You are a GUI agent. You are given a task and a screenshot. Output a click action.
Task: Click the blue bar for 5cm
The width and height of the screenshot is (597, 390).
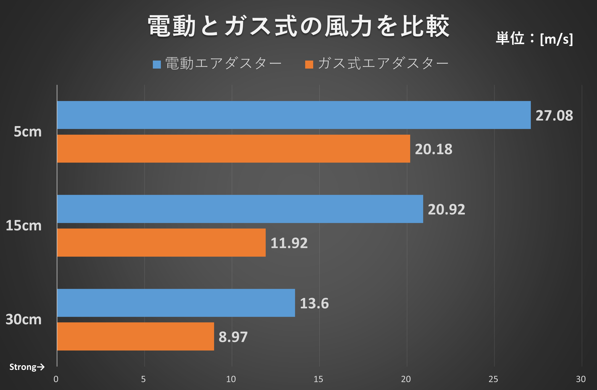tap(293, 115)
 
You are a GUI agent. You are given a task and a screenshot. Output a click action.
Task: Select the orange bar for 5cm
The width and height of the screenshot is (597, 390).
tap(233, 149)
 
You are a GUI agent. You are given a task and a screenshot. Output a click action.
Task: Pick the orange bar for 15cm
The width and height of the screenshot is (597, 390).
tap(161, 242)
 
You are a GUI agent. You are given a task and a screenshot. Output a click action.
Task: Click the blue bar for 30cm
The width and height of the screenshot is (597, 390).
tap(176, 303)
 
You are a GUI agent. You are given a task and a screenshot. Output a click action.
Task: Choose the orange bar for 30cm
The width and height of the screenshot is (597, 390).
tap(135, 336)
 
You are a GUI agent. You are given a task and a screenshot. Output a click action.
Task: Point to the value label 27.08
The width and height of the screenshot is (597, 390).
tap(554, 116)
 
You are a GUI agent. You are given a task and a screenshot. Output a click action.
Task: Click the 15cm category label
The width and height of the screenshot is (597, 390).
tap(24, 225)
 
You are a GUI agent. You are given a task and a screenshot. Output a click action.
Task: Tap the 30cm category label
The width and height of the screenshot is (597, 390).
tap(24, 319)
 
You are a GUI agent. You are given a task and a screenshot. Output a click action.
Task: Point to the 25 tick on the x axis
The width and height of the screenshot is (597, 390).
tap(493, 379)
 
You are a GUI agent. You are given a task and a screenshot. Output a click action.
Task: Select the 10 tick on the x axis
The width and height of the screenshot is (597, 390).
tap(231, 379)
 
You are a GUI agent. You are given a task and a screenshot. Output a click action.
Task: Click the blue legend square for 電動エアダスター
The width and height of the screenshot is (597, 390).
tap(157, 64)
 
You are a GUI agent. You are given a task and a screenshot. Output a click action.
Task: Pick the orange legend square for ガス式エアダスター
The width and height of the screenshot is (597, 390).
tap(309, 64)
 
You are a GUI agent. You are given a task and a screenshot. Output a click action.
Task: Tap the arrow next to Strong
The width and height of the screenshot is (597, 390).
tap(41, 367)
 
